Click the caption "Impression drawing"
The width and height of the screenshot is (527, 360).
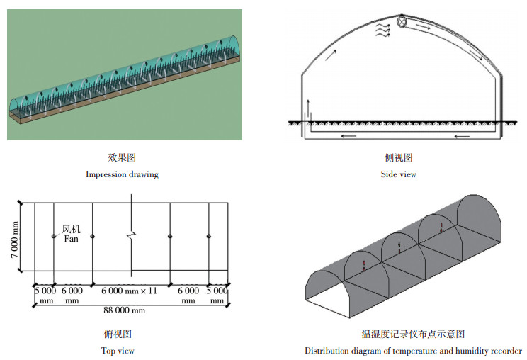coord(122,174)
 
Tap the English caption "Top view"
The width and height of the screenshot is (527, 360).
coord(118,350)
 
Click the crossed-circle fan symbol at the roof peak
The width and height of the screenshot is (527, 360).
coord(402,22)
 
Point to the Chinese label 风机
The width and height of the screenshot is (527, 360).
coord(72,229)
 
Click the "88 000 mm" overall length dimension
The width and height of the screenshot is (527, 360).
coord(125,310)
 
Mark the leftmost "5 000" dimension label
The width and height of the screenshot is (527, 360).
coord(45,291)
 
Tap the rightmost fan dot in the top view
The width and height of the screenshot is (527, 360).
coord(209,236)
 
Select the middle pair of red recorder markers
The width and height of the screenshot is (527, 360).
coord(399,248)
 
